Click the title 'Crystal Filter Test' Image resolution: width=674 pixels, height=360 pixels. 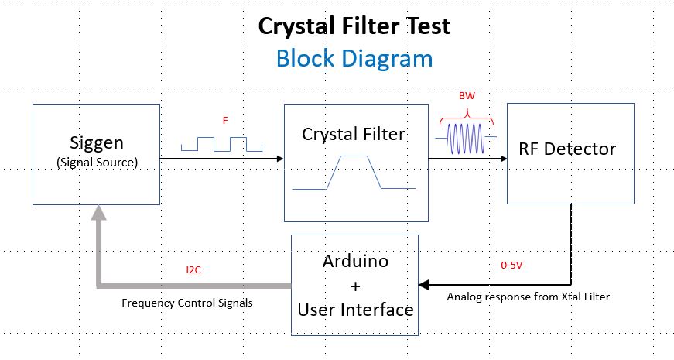coord(354,26)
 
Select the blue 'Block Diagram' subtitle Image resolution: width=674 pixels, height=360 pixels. coord(354,58)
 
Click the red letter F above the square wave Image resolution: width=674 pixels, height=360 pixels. coord(224,121)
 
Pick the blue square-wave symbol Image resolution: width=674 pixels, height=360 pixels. coord(222,144)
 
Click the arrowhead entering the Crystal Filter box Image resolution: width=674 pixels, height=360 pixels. coord(279,159)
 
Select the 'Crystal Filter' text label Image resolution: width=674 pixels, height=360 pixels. coord(353,134)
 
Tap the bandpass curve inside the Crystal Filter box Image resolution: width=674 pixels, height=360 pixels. coord(354,172)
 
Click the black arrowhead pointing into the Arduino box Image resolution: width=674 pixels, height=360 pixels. coord(424,285)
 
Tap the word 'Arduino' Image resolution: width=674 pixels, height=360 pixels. coord(355,261)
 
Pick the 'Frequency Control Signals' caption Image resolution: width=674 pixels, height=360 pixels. coord(186,303)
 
